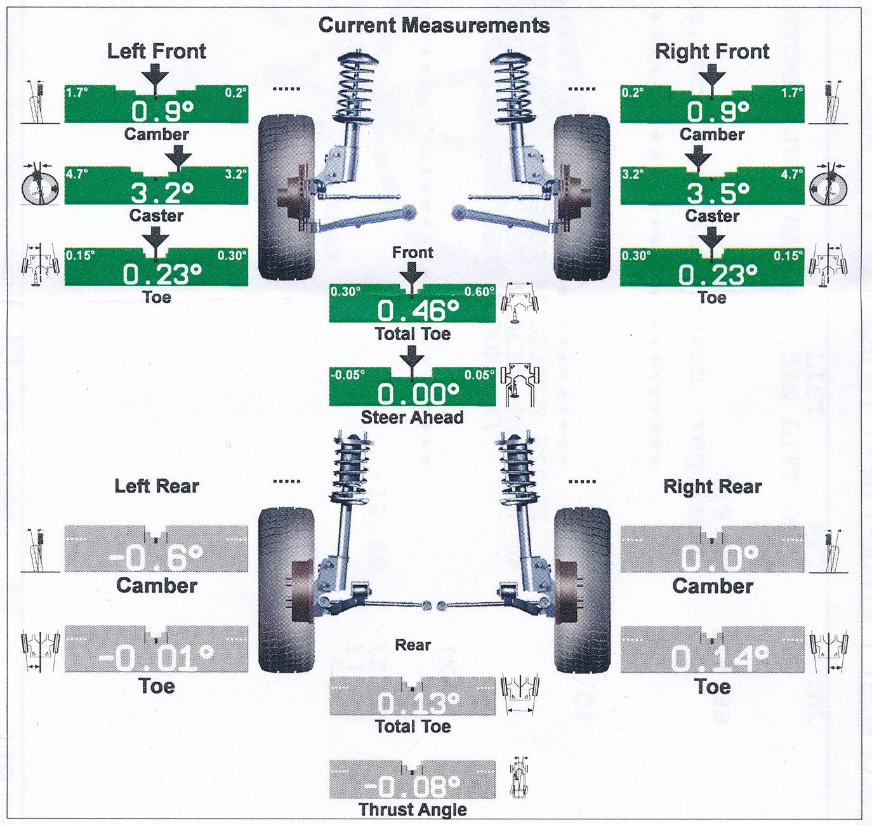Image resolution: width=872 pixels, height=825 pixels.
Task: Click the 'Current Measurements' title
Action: point(434,25)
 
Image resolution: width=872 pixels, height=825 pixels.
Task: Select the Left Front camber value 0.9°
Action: point(162,112)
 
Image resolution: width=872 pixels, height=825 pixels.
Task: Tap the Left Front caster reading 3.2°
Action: point(162,192)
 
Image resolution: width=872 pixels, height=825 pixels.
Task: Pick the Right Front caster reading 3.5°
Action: point(718,192)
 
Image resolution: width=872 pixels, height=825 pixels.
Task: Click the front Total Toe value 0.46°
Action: point(418,311)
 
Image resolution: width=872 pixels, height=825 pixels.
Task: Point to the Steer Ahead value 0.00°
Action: point(418,394)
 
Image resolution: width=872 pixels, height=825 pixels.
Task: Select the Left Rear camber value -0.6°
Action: point(156,558)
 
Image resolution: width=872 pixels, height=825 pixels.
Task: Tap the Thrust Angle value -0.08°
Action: point(413,787)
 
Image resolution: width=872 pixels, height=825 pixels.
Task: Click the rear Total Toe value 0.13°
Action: point(418,703)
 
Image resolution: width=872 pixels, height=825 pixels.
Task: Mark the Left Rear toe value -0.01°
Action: point(156,658)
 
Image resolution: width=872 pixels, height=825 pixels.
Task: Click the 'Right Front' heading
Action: point(712,51)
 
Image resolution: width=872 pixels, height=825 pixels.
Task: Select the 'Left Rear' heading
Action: point(157,487)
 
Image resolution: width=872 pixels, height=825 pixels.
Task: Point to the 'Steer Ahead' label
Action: point(412,418)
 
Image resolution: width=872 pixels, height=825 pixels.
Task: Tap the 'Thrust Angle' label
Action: point(413,810)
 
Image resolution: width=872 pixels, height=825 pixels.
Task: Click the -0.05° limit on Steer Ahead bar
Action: point(348,374)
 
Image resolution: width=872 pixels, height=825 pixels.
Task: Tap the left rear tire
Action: point(286,590)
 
